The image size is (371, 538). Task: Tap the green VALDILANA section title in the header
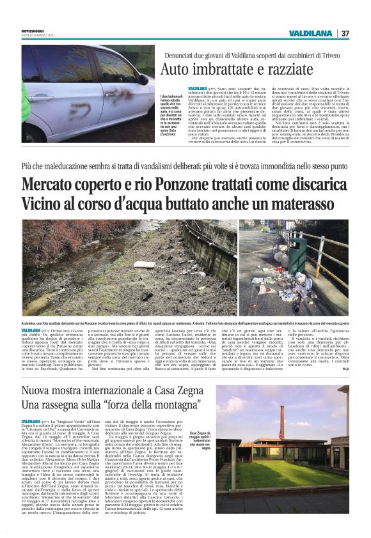click(x=310, y=33)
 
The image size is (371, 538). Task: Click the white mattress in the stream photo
click(x=145, y=263)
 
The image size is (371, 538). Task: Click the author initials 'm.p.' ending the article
click(x=345, y=368)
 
